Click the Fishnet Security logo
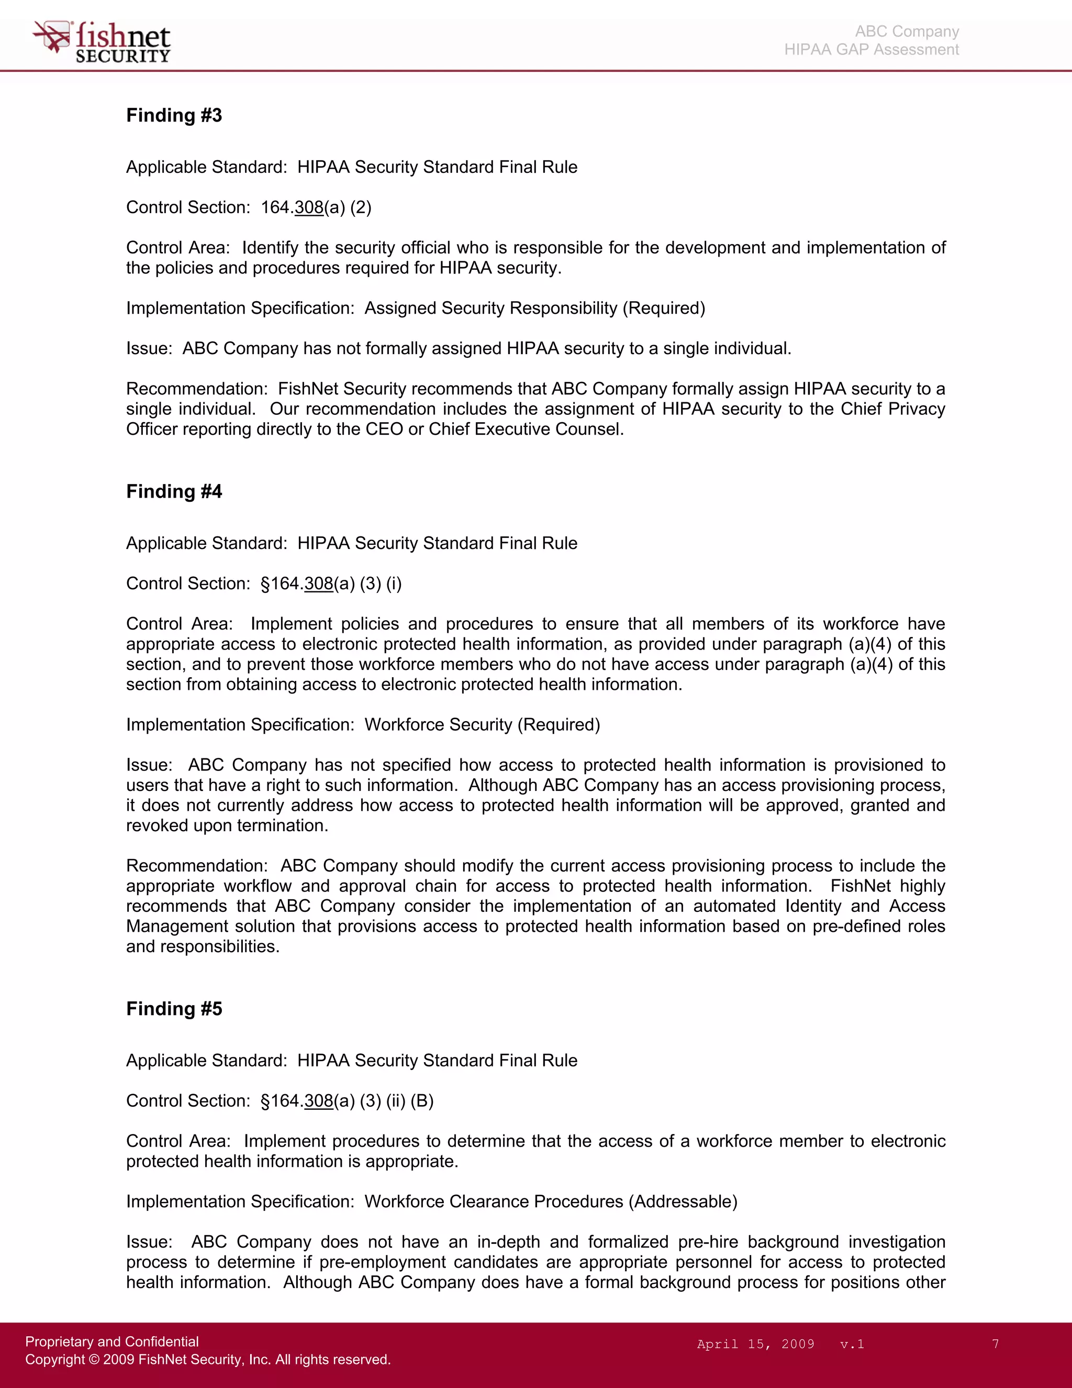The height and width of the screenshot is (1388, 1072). (x=102, y=42)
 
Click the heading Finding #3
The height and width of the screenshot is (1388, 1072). (x=174, y=115)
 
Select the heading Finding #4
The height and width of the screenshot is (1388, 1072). (x=174, y=491)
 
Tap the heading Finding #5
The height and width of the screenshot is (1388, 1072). (x=174, y=1009)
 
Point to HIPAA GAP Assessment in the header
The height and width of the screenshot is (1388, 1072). (x=872, y=50)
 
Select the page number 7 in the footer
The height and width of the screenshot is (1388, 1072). (x=995, y=1343)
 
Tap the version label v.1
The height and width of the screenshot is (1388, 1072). (x=852, y=1343)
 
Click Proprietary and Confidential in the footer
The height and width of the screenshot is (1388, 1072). (x=112, y=1341)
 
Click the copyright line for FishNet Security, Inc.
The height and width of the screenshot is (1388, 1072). (x=208, y=1359)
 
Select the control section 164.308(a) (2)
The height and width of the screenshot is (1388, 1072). (x=316, y=207)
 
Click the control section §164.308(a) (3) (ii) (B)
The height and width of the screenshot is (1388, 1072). (x=347, y=1101)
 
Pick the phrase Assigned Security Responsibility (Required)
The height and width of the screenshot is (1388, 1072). (x=535, y=308)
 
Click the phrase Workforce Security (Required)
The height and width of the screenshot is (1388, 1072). (x=482, y=724)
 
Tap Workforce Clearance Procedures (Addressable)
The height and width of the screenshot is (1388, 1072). (x=551, y=1201)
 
